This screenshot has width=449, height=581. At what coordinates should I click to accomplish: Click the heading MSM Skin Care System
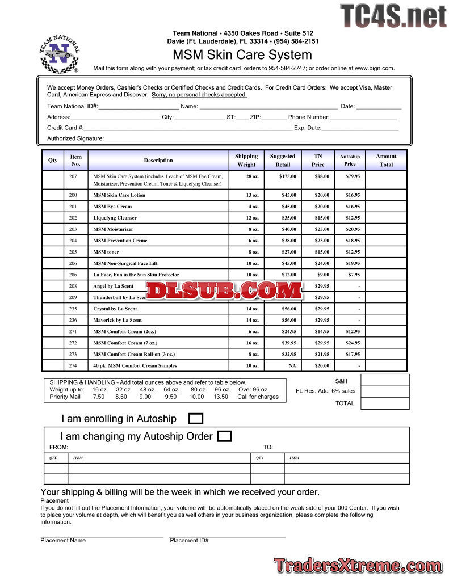(242, 55)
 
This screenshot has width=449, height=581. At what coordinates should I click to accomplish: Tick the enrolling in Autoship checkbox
(195, 419)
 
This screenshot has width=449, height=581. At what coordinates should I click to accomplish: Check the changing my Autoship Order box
(225, 436)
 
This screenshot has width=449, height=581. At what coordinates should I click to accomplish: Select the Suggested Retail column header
(283, 160)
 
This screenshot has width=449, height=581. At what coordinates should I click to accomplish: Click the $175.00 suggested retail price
(288, 176)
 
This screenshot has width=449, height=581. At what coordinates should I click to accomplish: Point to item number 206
(73, 263)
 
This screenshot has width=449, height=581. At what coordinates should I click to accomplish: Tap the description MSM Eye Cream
(112, 207)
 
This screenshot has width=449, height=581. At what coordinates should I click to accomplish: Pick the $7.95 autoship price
(354, 275)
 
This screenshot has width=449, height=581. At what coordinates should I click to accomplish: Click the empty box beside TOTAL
(385, 403)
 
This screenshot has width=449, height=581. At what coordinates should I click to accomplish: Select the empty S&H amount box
(385, 380)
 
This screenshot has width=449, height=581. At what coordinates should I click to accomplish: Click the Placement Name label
(63, 541)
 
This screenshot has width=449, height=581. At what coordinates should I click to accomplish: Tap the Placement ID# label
(189, 541)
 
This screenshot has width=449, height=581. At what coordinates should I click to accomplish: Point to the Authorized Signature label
(75, 138)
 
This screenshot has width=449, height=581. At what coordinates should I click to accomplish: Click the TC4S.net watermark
(393, 16)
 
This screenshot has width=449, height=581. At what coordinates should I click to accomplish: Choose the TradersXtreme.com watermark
(358, 566)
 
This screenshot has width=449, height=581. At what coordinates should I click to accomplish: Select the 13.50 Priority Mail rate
(220, 397)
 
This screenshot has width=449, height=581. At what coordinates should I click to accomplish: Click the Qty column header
(53, 161)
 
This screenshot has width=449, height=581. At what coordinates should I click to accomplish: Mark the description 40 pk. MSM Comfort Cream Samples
(135, 366)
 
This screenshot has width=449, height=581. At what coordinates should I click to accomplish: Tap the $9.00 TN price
(323, 275)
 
